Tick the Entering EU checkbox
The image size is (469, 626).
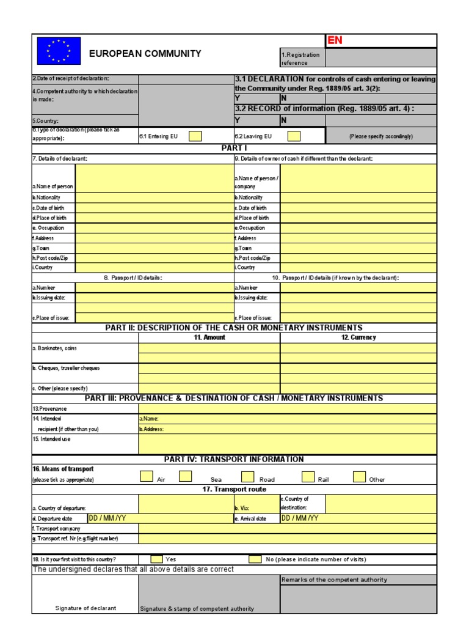[195, 136]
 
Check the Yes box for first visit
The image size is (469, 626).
[156, 559]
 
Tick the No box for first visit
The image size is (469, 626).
[255, 559]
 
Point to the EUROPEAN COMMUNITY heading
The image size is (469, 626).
[145, 54]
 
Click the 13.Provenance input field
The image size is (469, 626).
[288, 408]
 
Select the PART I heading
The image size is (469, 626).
[234, 148]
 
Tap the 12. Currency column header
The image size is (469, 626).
[358, 337]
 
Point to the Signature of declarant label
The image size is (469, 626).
[85, 608]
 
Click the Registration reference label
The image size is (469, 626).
[300, 58]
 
